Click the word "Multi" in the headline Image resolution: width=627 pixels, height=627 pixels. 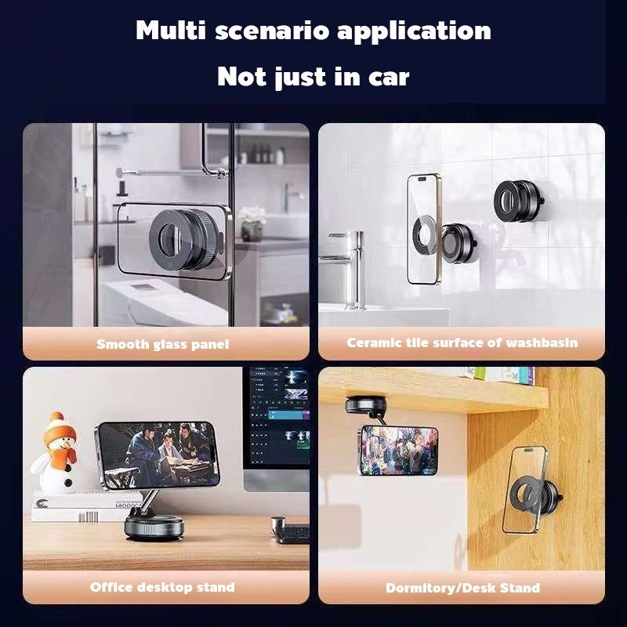[171, 31]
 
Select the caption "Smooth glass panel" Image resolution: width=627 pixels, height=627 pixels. [163, 344]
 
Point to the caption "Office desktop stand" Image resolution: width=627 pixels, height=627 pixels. [162, 587]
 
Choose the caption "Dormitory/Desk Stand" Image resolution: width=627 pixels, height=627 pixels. [462, 588]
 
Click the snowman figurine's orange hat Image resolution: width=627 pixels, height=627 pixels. [60, 429]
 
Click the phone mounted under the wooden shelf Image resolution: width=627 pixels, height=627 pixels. [398, 450]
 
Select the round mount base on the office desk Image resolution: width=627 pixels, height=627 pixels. [154, 527]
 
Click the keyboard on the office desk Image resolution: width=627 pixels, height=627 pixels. [292, 534]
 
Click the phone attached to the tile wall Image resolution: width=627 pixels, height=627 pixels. [424, 229]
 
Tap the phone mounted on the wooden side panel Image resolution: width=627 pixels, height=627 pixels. [525, 489]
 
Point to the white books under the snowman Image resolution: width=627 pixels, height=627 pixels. [86, 506]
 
